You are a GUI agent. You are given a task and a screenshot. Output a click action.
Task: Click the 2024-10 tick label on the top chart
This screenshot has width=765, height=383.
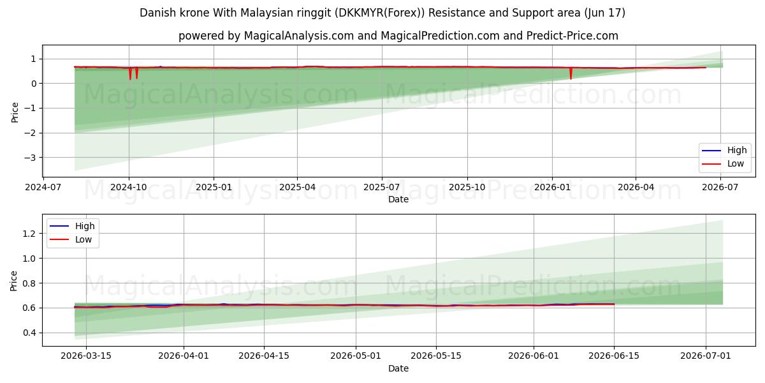click(x=129, y=188)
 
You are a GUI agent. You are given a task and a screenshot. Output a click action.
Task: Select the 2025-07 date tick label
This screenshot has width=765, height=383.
click(x=382, y=188)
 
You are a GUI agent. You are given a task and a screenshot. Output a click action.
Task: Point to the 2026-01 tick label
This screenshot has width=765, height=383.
click(x=552, y=188)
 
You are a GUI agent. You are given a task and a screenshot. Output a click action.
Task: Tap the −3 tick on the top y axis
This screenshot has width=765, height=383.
click(x=30, y=158)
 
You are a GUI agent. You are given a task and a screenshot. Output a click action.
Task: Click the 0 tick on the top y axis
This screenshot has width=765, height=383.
click(x=33, y=84)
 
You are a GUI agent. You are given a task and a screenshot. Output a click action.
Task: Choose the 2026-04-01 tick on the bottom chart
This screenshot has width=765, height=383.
click(x=184, y=356)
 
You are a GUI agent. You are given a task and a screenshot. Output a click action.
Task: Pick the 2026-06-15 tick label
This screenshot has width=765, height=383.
click(x=614, y=356)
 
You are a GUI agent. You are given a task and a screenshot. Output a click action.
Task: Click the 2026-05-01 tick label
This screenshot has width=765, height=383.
click(x=356, y=356)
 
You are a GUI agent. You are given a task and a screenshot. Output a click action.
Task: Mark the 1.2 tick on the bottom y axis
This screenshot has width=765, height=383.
click(x=29, y=234)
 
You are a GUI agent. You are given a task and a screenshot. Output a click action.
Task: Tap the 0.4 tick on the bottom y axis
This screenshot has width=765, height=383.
click(x=29, y=333)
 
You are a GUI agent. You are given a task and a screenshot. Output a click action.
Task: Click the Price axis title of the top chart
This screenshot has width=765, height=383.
click(x=14, y=112)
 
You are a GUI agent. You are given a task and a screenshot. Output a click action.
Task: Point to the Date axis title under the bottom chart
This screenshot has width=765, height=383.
click(x=398, y=369)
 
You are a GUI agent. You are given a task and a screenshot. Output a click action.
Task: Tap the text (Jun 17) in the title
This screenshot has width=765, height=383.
click(x=604, y=13)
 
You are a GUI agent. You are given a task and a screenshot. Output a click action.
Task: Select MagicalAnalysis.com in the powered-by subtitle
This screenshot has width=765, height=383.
click(x=299, y=36)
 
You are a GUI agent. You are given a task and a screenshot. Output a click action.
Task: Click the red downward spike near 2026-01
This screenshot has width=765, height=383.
click(x=571, y=73)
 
